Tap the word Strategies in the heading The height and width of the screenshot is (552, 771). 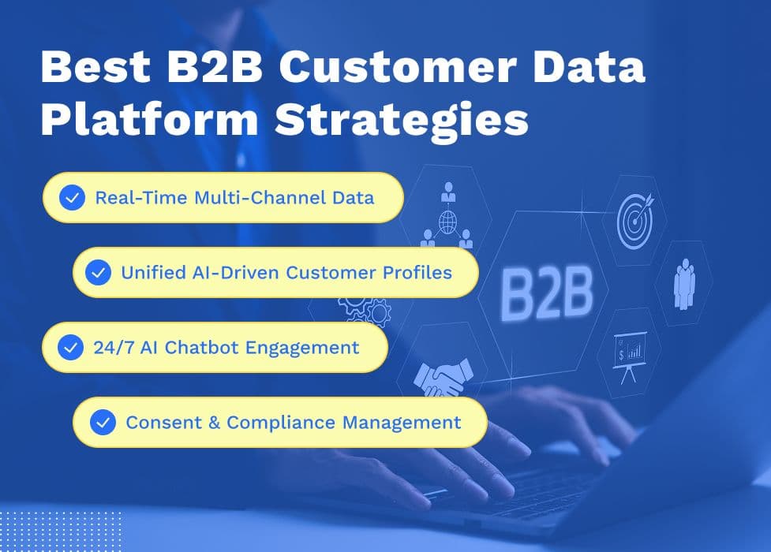[x=402, y=121]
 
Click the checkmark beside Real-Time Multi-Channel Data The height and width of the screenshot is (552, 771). [x=73, y=198]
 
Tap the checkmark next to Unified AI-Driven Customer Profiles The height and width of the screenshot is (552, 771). [x=98, y=272]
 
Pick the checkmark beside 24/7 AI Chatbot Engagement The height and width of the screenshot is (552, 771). [x=70, y=348]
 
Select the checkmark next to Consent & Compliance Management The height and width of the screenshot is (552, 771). [x=103, y=422]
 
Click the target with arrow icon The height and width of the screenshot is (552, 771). [x=635, y=221]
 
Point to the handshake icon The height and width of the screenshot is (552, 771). [x=444, y=378]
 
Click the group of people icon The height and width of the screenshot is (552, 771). [x=684, y=284]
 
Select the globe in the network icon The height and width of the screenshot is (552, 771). [x=447, y=222]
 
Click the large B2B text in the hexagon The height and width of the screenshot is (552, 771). [x=547, y=293]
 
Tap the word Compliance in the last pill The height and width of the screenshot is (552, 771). [x=281, y=423]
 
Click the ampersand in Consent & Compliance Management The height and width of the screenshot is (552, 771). [x=215, y=423]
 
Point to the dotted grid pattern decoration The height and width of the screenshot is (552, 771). [x=61, y=531]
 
